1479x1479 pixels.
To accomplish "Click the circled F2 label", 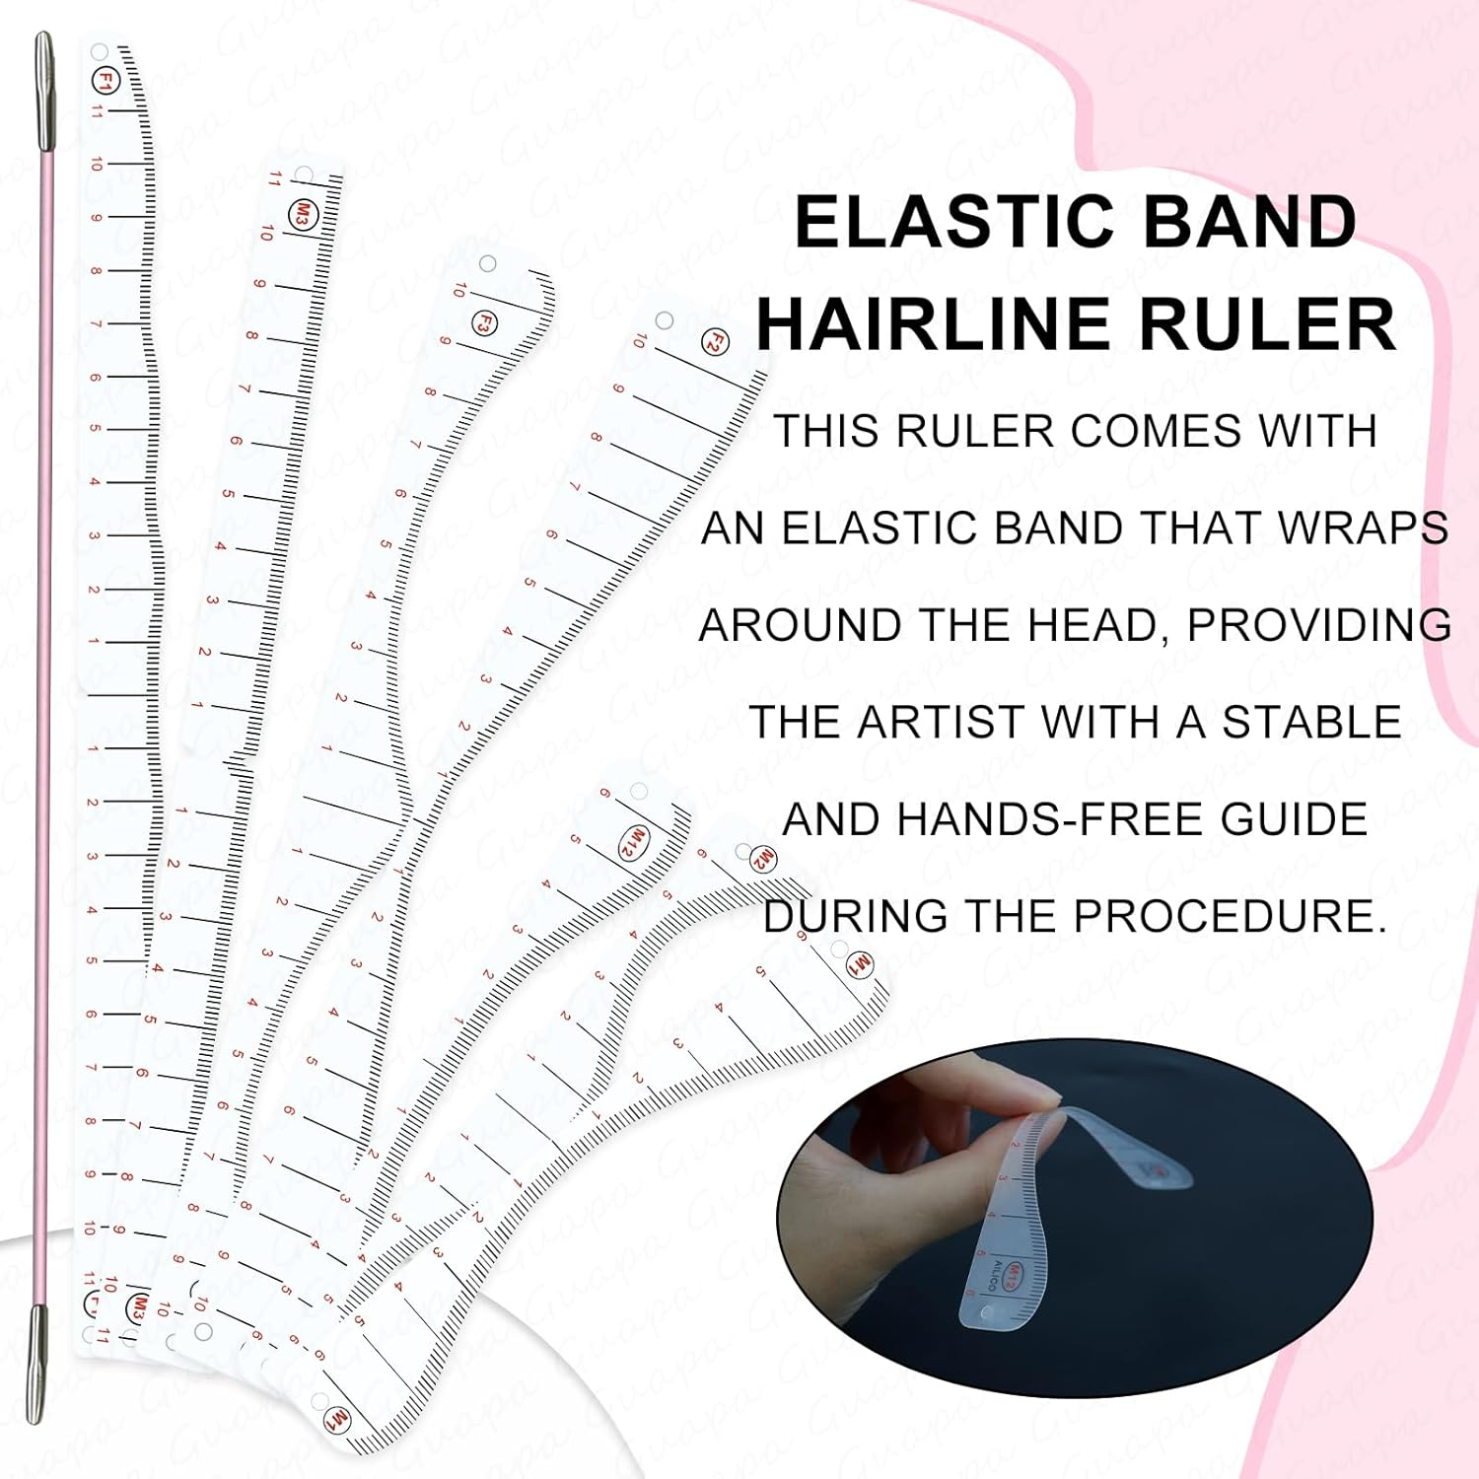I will [x=716, y=343].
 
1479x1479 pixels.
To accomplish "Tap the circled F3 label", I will [x=483, y=322].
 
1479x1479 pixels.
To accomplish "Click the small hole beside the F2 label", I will [x=665, y=320].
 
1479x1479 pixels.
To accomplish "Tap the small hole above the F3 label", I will [x=487, y=264].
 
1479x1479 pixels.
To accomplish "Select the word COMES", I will [x=1146, y=432].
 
